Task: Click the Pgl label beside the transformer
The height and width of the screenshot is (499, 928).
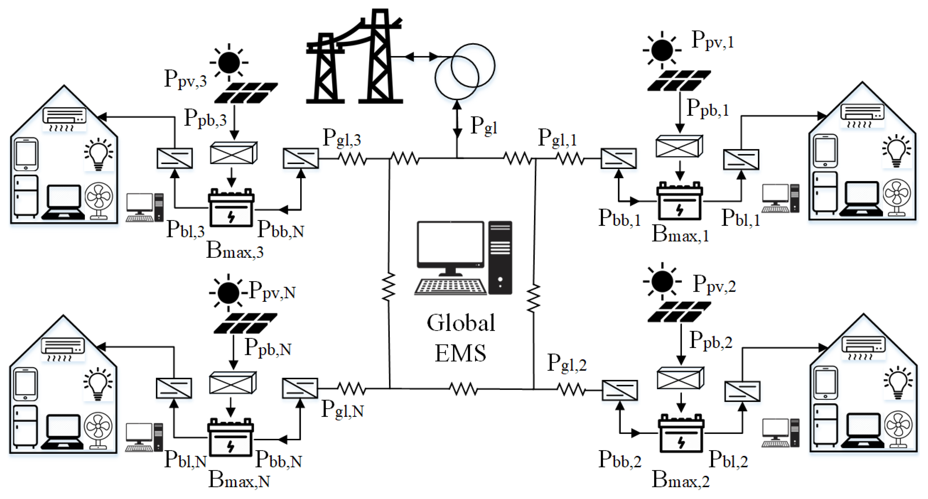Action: pyautogui.click(x=484, y=126)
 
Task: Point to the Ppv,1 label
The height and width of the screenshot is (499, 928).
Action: pyautogui.click(x=712, y=40)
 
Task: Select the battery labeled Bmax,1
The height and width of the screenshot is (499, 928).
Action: pyautogui.click(x=679, y=202)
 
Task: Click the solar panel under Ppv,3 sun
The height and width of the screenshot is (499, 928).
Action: pyautogui.click(x=246, y=93)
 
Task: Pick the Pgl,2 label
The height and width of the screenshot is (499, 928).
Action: pyautogui.click(x=567, y=363)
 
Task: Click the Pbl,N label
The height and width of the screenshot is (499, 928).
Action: pyautogui.click(x=185, y=460)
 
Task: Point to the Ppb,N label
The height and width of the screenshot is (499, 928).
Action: pyautogui.click(x=268, y=348)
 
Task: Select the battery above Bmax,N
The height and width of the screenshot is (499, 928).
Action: pyautogui.click(x=231, y=437)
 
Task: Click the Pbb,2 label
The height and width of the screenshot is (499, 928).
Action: pyautogui.click(x=620, y=460)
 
